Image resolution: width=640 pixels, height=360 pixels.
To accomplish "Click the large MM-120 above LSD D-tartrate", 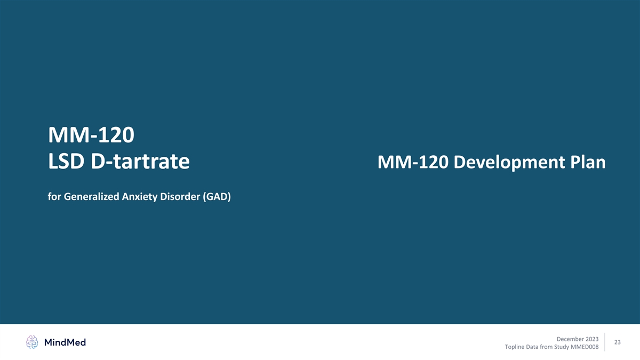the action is (x=91, y=135).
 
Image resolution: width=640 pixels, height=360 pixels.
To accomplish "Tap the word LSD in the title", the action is (x=66, y=162).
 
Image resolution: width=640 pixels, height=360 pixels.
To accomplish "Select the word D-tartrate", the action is (x=140, y=162).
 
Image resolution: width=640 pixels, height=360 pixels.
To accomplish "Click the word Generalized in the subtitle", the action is (x=91, y=197).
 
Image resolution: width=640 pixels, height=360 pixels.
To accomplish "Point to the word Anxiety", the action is (x=140, y=197).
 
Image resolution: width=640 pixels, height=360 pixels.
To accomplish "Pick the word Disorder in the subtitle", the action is (x=180, y=197).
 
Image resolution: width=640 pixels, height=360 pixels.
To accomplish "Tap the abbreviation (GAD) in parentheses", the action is (x=217, y=197).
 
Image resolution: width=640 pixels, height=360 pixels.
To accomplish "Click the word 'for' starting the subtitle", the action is (x=54, y=197).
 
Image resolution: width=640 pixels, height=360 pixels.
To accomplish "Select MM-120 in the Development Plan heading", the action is (x=413, y=162).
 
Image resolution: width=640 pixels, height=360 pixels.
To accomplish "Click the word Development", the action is (x=509, y=162).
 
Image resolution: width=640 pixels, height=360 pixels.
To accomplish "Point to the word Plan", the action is (x=588, y=162).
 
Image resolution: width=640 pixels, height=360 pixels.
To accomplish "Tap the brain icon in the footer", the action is (x=32, y=342).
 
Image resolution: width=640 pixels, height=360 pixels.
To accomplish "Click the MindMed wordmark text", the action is (x=65, y=342).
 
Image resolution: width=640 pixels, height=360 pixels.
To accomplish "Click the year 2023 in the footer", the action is (x=592, y=339).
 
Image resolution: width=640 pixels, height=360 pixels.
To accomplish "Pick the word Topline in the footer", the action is (x=514, y=347).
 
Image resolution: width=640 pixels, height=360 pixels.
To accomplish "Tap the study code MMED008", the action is (x=585, y=347).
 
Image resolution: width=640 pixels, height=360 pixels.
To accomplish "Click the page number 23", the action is (x=618, y=342).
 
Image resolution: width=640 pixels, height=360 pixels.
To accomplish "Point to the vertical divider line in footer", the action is (x=605, y=342).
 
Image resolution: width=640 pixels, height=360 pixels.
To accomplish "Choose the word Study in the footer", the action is (x=561, y=347).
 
